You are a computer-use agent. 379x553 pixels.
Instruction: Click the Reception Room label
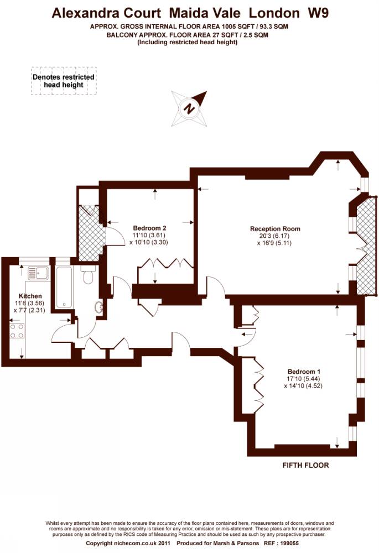(275, 228)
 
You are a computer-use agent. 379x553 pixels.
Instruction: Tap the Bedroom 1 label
(304, 372)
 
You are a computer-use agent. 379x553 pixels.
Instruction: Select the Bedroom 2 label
(149, 228)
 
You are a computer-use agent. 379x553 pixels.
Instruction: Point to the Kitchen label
(30, 296)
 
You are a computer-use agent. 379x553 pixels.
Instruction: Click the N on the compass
(189, 108)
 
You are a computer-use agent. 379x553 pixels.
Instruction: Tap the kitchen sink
(38, 273)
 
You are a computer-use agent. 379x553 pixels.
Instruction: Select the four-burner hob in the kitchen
(17, 331)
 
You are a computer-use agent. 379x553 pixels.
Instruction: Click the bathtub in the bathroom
(64, 287)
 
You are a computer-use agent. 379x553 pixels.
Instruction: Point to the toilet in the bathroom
(87, 275)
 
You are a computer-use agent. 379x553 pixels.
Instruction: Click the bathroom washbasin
(99, 307)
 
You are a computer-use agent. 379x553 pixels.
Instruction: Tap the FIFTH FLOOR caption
(305, 465)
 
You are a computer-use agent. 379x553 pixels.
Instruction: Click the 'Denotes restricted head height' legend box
(64, 81)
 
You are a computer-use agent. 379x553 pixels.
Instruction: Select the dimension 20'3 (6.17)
(275, 236)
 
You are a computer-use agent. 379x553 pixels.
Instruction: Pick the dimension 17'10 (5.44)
(304, 379)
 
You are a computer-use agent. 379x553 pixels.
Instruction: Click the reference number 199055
(289, 543)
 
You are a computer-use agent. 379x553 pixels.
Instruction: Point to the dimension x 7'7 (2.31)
(29, 310)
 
